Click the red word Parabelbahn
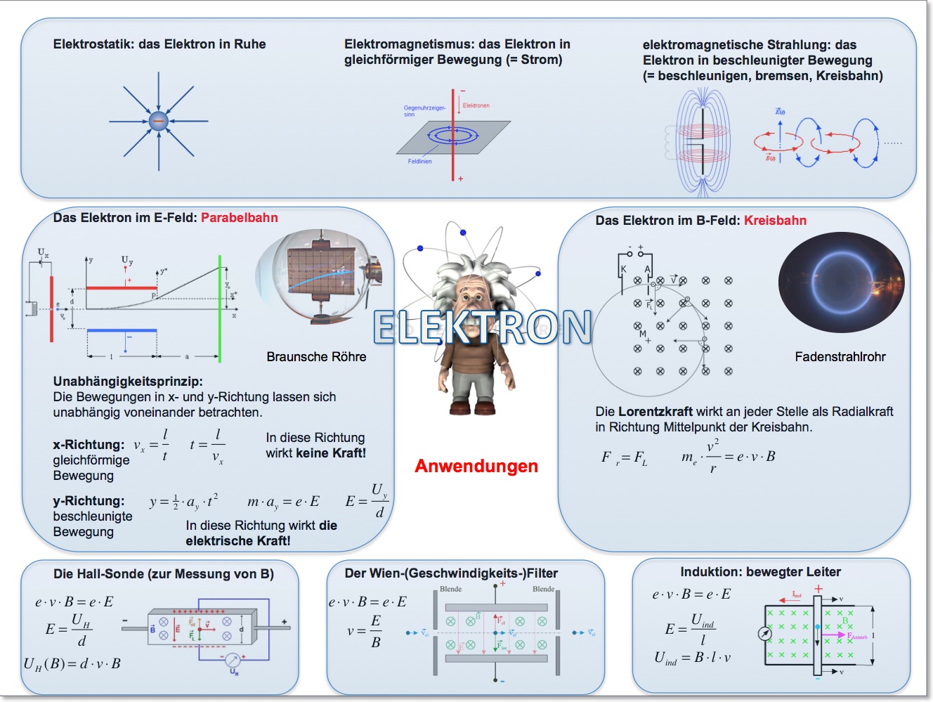[239, 218]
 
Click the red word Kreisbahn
[775, 221]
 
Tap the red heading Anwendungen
[476, 466]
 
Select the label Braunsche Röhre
[316, 357]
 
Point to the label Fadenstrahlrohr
[840, 357]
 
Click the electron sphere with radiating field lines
[159, 121]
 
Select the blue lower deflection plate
[122, 330]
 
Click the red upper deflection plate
[121, 287]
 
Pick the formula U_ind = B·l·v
[693, 658]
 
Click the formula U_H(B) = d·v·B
[72, 663]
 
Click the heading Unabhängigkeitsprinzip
[128, 382]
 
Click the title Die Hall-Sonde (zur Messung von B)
[164, 574]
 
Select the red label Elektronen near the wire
[476, 105]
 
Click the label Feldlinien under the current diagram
[419, 162]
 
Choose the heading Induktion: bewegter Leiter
[760, 572]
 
